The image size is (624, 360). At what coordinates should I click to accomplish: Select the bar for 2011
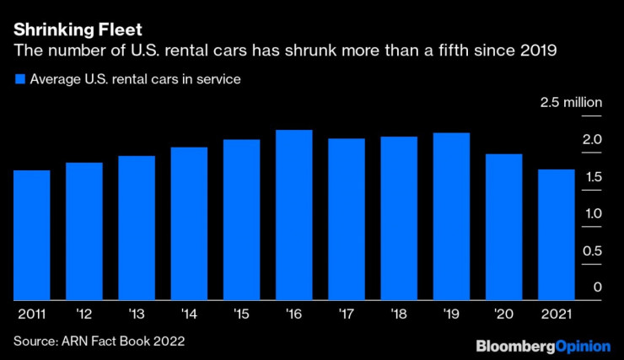(32, 235)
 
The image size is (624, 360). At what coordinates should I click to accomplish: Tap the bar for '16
(294, 215)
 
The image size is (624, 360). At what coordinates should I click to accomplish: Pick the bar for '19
(451, 217)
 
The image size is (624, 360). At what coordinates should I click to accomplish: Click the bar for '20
(504, 228)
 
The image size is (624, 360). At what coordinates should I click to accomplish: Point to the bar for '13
(137, 228)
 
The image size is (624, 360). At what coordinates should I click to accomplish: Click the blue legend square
(19, 80)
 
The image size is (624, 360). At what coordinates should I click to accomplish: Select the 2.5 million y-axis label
(572, 103)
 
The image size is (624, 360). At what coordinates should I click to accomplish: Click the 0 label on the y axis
(597, 287)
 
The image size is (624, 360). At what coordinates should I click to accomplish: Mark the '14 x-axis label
(189, 314)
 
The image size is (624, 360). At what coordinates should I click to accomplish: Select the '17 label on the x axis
(347, 314)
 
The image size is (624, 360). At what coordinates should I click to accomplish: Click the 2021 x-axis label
(557, 314)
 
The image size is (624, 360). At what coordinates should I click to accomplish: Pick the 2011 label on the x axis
(32, 314)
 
